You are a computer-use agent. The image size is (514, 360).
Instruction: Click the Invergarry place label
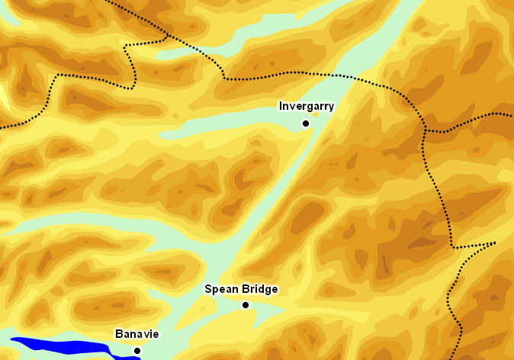306,107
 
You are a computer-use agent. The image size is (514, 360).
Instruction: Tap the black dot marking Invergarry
306,123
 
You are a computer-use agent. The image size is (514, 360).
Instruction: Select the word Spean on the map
220,290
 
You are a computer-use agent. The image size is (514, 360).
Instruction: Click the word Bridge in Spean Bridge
259,290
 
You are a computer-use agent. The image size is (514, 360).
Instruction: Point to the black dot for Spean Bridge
246,305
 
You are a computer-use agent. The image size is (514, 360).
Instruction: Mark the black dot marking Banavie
137,351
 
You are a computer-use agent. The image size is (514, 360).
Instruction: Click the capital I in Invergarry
281,107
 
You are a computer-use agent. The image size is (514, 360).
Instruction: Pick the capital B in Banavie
118,334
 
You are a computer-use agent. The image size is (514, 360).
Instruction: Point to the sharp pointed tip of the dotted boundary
494,243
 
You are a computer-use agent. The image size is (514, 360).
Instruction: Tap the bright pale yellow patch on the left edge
3,95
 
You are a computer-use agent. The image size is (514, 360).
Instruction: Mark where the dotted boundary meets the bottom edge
462,358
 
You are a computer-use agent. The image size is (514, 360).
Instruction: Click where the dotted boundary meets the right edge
512,114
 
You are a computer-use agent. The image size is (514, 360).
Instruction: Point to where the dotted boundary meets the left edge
2,127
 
